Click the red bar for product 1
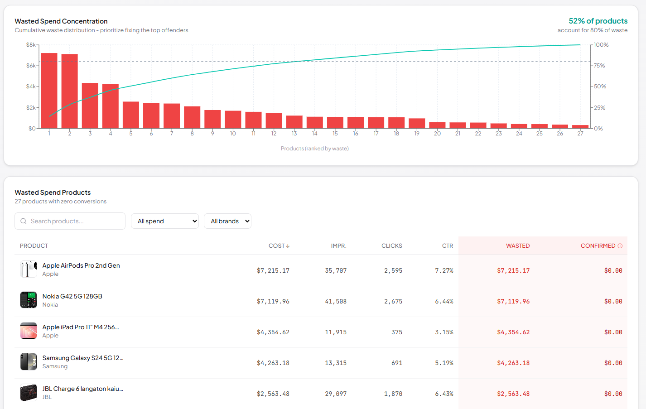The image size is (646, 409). [x=49, y=91]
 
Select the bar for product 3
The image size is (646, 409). [x=90, y=106]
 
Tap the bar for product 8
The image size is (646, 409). [x=192, y=117]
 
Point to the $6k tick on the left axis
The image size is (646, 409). [x=31, y=66]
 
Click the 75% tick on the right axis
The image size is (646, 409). [x=599, y=66]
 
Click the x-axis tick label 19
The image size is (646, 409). [x=417, y=134]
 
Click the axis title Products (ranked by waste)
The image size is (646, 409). [x=314, y=149]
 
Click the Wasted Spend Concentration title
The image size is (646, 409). [x=61, y=21]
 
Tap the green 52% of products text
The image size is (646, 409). [x=598, y=21]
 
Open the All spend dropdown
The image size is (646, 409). [x=165, y=221]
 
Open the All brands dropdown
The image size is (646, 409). [x=227, y=221]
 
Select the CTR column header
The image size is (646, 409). [x=448, y=246]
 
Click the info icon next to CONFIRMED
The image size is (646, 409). [x=620, y=246]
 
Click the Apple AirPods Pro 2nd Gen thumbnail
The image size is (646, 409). [x=29, y=269]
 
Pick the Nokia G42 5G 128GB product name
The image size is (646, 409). [x=72, y=296]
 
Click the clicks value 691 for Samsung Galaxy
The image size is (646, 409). [x=397, y=363]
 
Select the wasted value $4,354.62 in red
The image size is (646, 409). [x=513, y=332]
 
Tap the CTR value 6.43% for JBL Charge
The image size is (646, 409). [x=444, y=394]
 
